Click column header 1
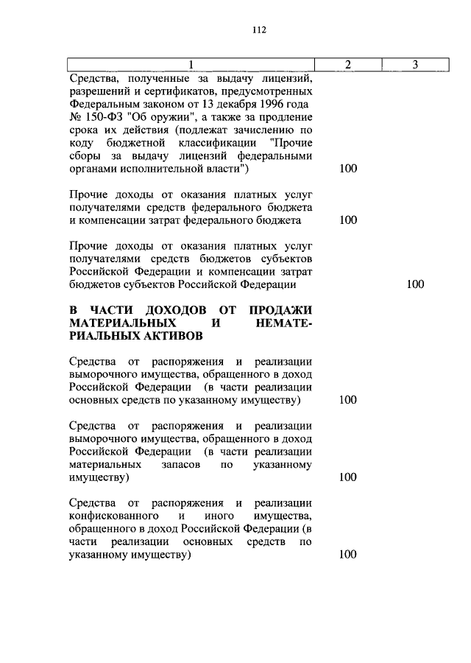(x=191, y=65)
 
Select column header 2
(x=347, y=65)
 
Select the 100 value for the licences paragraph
(x=348, y=169)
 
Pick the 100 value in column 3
(x=415, y=284)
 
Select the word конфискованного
(x=115, y=516)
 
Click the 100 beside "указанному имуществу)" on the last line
(x=348, y=555)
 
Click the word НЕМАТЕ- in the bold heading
(x=284, y=323)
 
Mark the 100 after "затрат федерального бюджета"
(x=348, y=220)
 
